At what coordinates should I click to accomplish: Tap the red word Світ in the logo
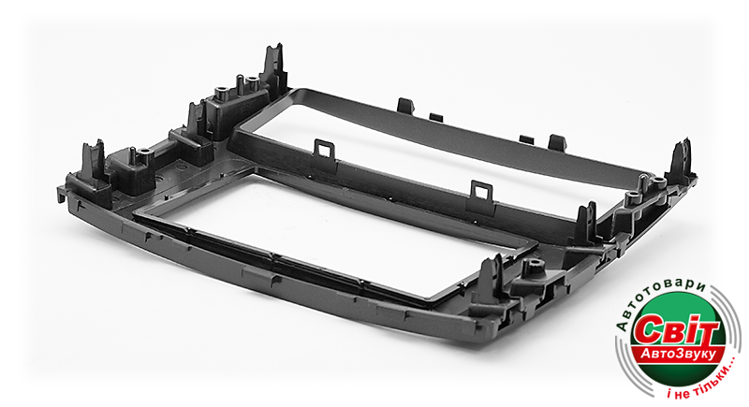675,329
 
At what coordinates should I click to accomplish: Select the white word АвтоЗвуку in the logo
678,354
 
